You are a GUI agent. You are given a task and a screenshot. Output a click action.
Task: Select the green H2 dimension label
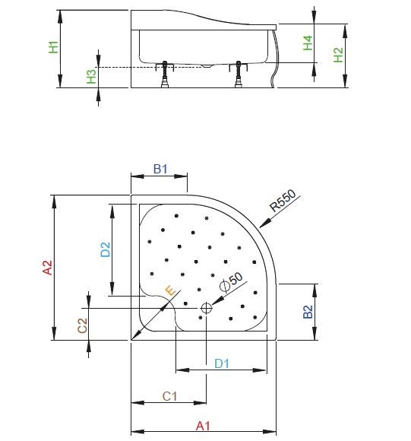[339, 55]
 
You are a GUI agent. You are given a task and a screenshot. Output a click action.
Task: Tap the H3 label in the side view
[91, 75]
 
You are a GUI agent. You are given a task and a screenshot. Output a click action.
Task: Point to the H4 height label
[308, 43]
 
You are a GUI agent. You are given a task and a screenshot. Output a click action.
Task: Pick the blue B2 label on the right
[308, 312]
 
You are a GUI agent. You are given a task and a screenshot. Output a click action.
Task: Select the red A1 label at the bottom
[202, 427]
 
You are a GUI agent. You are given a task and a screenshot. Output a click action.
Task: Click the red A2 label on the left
[47, 267]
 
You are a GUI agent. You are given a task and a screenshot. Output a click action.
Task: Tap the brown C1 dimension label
[170, 396]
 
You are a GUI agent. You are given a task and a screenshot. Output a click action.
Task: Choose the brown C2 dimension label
[83, 325]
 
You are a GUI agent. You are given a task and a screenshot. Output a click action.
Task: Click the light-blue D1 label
[221, 363]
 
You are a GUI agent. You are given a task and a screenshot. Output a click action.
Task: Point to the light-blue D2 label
[106, 249]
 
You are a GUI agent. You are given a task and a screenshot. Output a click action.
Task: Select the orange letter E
[170, 290]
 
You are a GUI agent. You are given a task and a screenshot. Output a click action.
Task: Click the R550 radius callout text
[282, 201]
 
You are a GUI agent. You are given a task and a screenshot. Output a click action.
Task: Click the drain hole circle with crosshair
[206, 308]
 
